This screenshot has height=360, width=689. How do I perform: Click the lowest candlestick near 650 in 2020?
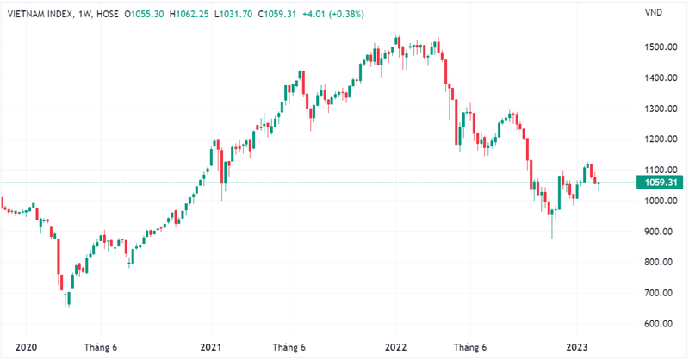pos(67,299)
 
